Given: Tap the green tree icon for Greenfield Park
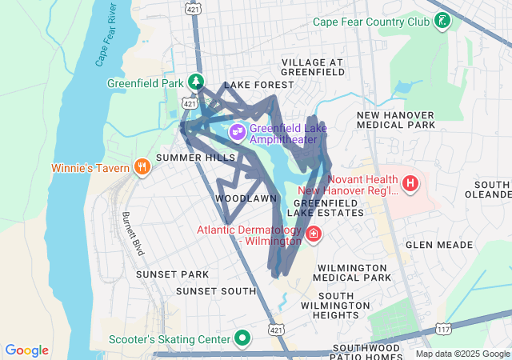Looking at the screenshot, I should point(196,82).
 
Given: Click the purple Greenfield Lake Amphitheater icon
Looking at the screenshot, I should point(237,131).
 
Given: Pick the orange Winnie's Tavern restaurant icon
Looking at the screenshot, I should point(142,166).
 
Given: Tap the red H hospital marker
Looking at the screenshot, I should point(410,185).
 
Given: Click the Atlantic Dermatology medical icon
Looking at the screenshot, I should point(314,235).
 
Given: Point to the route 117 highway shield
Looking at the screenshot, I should point(444,329).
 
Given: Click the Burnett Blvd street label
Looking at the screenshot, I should point(133,234).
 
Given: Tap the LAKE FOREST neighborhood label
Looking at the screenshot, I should point(254,85).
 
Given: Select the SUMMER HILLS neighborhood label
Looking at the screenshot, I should point(185,158).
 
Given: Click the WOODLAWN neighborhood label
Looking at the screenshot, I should point(246,198).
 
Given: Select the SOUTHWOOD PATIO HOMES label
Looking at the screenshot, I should point(370,352).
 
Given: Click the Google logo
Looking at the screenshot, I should point(27,350).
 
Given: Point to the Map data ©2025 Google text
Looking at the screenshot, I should point(462,354).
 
